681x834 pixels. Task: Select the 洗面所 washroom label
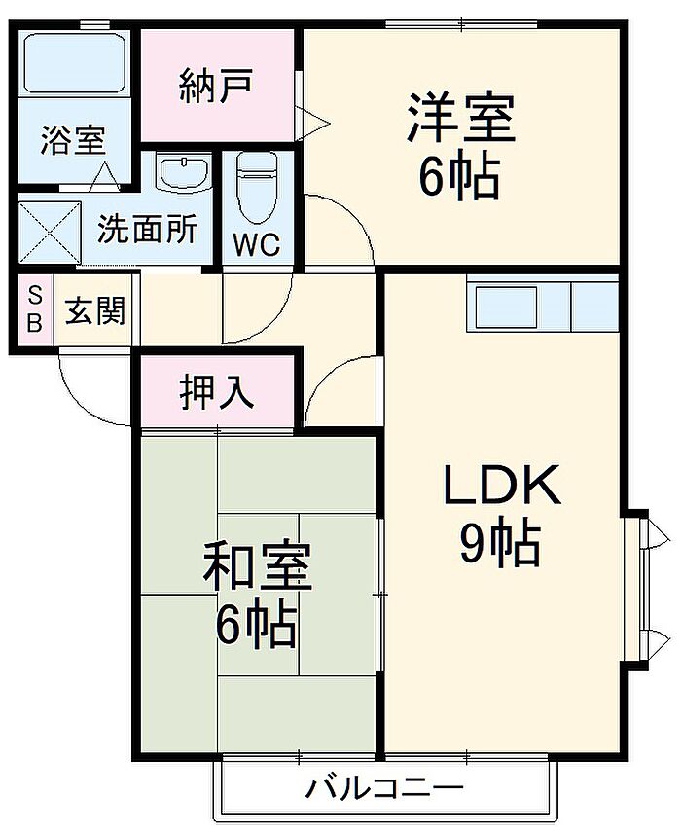pos(147,230)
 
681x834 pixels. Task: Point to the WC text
pos(258,244)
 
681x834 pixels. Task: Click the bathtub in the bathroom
pos(74,64)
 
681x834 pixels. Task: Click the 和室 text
pos(257,568)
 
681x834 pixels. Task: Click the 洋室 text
pos(460,120)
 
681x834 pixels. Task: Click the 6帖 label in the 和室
pos(256,625)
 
